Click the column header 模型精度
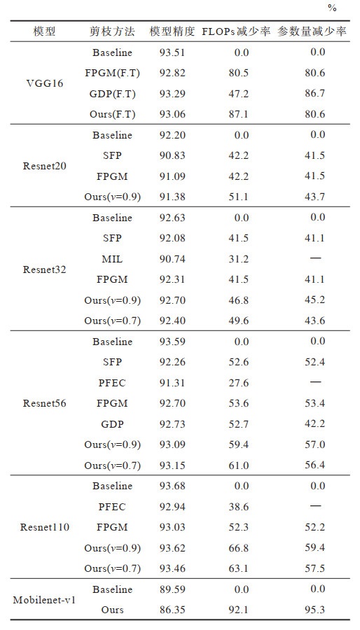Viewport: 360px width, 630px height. click(172, 31)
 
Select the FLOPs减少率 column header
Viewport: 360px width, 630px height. click(236, 31)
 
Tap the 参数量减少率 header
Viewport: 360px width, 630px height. click(312, 31)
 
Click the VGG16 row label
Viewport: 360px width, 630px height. click(45, 83)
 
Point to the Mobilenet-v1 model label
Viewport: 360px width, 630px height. click(45, 600)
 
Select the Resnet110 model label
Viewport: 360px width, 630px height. click(45, 527)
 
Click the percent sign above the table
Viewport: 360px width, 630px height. click(332, 8)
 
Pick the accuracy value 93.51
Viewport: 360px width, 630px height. click(172, 52)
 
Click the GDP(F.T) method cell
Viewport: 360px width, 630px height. click(113, 94)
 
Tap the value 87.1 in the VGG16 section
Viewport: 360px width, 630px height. click(239, 115)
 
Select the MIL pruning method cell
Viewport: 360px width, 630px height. click(112, 259)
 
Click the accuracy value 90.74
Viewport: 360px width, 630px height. click(172, 259)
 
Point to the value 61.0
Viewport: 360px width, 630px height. click(239, 465)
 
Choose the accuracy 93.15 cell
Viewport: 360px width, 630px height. click(172, 465)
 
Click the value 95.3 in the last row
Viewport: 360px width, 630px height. click(314, 610)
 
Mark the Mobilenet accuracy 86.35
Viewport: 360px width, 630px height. click(172, 610)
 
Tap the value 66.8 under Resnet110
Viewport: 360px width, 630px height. click(239, 548)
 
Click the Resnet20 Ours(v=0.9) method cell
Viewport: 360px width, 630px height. click(113, 197)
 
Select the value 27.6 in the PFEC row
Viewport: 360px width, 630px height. click(239, 383)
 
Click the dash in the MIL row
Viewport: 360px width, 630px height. click(315, 258)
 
